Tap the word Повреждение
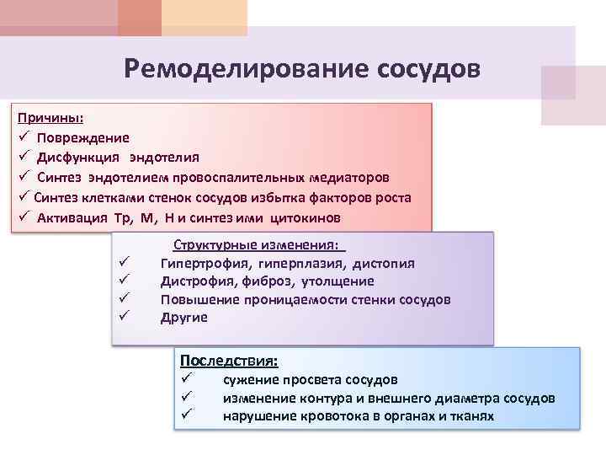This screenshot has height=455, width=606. (83, 137)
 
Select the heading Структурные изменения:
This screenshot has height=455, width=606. (258, 245)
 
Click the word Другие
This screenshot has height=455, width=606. (183, 318)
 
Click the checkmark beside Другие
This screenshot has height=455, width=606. (122, 318)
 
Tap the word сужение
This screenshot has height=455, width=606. (252, 380)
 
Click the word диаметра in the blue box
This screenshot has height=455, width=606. (467, 398)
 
